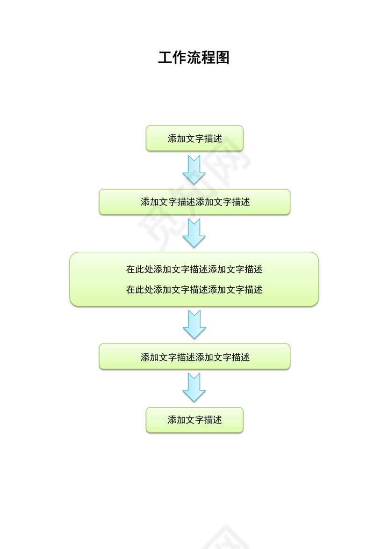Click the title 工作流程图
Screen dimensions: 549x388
(194, 58)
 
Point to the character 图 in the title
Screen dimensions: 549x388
(223, 58)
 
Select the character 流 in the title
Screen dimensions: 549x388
(194, 58)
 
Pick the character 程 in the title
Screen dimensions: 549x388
(208, 58)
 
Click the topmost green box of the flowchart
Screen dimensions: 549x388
(194, 139)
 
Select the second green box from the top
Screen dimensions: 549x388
(194, 202)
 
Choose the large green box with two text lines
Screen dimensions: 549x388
(194, 279)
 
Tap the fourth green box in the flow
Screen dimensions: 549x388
(194, 357)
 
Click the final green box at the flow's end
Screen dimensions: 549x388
(194, 420)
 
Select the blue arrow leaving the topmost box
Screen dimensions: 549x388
(194, 170)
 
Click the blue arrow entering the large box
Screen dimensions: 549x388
(194, 233)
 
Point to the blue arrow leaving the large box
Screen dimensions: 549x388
(194, 324)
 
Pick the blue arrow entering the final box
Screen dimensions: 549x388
(194, 388)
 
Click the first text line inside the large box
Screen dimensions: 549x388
(194, 270)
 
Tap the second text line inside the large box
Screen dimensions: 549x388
(194, 290)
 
